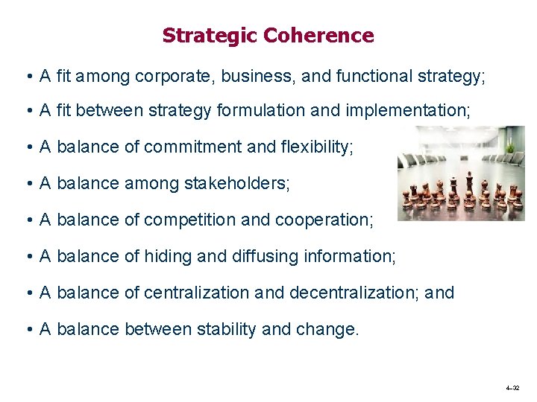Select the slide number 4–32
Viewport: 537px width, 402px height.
click(512, 389)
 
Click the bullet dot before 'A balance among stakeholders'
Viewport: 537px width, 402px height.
click(26, 184)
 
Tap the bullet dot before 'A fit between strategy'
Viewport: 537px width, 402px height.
click(26, 112)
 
